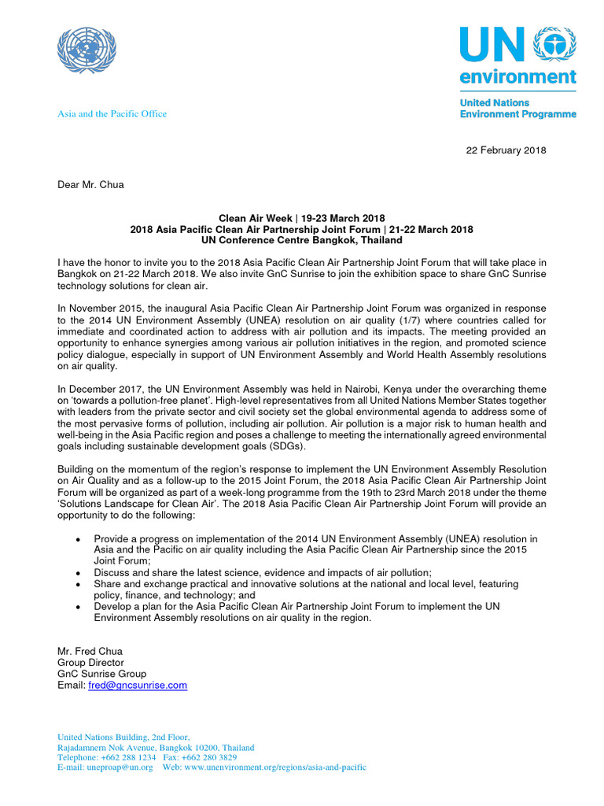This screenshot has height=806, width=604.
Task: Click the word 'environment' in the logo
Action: point(517,76)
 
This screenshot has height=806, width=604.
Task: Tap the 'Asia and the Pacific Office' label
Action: point(112,113)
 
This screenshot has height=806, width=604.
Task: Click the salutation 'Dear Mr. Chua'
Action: point(91,185)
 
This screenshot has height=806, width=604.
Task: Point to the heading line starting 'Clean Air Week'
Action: point(301,218)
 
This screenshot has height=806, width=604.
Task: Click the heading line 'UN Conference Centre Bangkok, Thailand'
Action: point(301,240)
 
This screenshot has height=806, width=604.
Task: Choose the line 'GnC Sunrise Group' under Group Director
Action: point(101,674)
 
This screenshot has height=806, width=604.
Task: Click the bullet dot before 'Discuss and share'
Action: point(76,572)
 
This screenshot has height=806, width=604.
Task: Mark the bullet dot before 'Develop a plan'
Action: point(76,607)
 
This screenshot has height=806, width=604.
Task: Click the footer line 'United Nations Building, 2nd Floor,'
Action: point(123,738)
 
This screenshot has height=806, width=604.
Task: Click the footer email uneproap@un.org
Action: point(120,767)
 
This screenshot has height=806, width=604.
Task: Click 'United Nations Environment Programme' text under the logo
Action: point(517,109)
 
